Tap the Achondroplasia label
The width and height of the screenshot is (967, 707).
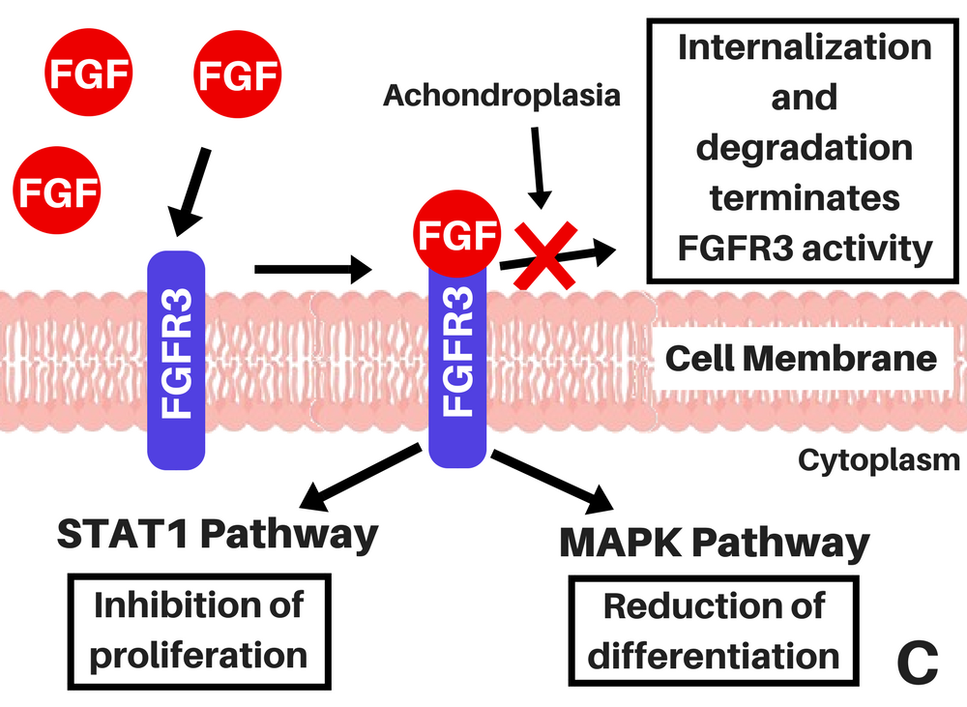[501, 96]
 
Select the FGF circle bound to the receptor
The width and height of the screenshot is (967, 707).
[458, 234]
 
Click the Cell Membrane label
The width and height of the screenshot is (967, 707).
[802, 359]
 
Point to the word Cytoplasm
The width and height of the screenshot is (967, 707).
[879, 459]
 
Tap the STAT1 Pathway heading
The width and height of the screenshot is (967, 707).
[218, 535]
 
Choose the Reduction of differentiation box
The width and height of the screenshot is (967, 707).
[714, 632]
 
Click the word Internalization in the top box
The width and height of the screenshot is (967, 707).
[805, 46]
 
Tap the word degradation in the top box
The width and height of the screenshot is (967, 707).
[805, 147]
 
